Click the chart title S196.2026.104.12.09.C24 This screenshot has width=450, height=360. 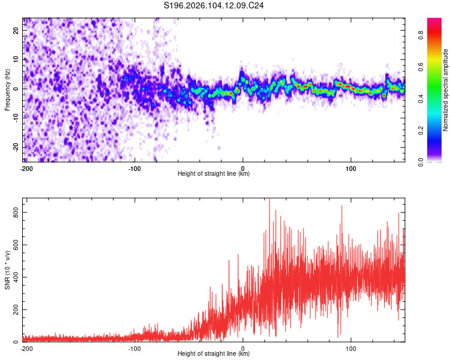[214, 6]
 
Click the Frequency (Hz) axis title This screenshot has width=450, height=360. [7, 90]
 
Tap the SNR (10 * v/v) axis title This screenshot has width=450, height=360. [7, 270]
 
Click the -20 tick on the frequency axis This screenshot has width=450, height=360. [15, 147]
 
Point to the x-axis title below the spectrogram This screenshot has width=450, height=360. [214, 174]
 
